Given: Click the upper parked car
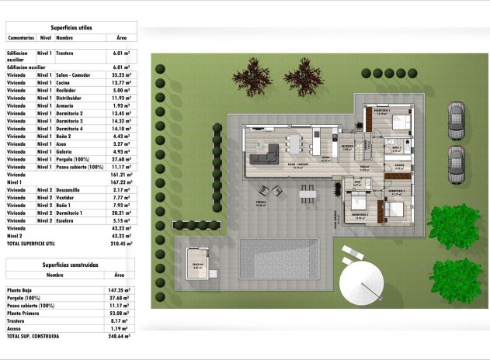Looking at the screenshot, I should [456, 121].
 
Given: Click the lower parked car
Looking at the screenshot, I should [456, 165].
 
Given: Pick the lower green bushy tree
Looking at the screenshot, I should [457, 279].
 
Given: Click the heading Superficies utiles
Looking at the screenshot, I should [71, 27].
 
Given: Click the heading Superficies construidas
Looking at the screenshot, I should [71, 265].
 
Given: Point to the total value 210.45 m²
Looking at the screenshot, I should [119, 243].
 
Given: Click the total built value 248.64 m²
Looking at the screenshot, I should [119, 337].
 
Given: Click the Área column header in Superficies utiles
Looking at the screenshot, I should [120, 36].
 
